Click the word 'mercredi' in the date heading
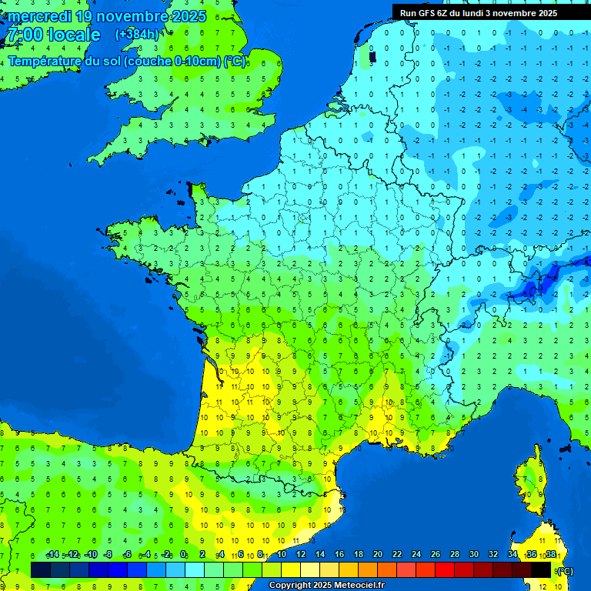pos(39,16)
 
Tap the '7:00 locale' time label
pos(53,35)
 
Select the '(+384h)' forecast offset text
pos(136,34)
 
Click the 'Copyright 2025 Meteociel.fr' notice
pos(326,585)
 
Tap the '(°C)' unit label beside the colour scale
pos(564,570)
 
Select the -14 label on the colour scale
pos(53,554)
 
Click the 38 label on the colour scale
pos(551,554)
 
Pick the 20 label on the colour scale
pos(378,554)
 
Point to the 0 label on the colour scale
pos(183,554)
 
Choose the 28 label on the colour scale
pos(455,554)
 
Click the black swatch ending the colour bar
pos(541,569)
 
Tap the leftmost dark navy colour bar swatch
pos(41,569)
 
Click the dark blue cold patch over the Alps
pos(539,285)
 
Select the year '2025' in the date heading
pos(189,16)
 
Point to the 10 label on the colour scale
pos(282,554)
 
